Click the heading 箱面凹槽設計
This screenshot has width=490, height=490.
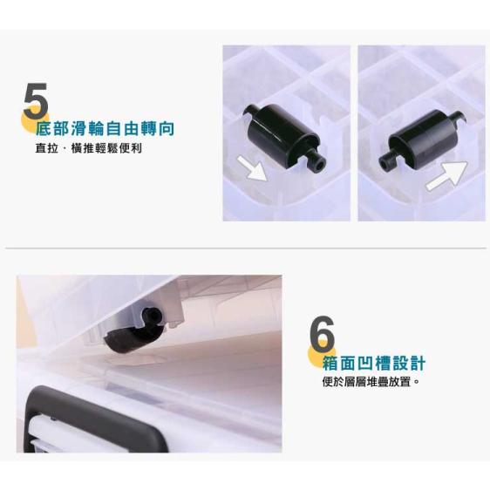click(x=373, y=363)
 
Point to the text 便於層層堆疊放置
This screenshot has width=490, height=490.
click(x=371, y=382)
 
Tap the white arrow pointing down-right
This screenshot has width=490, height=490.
click(x=255, y=167)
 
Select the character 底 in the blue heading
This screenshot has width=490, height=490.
click(x=44, y=129)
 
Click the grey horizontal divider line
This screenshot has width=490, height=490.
click(x=245, y=248)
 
